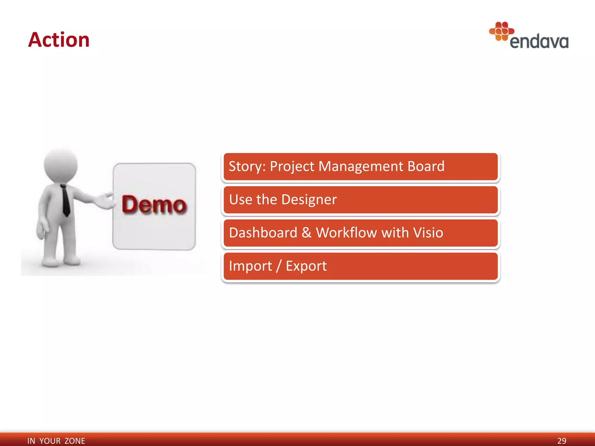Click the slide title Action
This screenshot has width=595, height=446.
(59, 40)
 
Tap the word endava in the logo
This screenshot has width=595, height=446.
(539, 42)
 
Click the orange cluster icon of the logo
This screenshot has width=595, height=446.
(501, 31)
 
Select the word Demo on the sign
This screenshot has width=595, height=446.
(154, 205)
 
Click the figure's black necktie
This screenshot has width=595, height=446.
(66, 200)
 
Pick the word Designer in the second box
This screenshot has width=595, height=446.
(309, 200)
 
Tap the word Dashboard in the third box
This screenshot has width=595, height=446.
(263, 233)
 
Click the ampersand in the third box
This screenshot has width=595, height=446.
(306, 233)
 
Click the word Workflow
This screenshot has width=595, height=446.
(346, 233)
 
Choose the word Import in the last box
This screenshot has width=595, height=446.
(250, 266)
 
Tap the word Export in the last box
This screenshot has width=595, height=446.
(306, 266)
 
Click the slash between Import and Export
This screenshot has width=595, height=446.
(279, 266)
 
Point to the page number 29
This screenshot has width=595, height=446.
(562, 441)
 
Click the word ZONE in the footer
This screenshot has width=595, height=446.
(75, 441)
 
